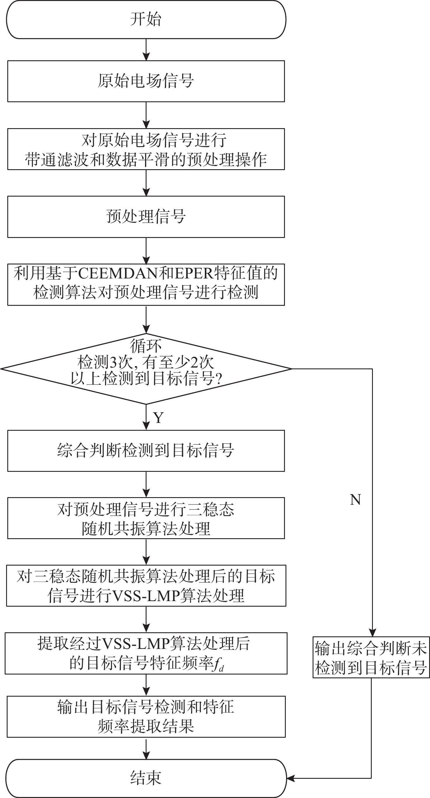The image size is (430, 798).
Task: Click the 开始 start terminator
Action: (146, 20)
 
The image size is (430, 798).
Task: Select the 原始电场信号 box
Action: (146, 81)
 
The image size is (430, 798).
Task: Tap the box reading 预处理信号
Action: (146, 217)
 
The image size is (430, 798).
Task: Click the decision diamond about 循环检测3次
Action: (146, 369)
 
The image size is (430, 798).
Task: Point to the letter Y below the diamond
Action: (158, 418)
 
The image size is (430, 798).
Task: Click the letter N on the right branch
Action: (355, 500)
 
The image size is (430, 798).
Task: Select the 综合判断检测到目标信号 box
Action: (146, 451)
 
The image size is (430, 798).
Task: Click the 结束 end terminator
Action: (146, 778)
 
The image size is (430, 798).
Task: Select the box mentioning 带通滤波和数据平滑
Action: (146, 149)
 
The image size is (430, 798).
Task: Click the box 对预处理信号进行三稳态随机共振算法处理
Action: (146, 518)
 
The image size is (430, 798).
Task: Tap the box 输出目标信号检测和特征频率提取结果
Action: (146, 717)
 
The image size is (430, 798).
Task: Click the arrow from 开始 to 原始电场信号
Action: (146, 50)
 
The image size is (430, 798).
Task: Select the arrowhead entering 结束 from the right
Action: (290, 778)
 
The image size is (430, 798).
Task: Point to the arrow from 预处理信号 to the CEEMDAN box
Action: (146, 251)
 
